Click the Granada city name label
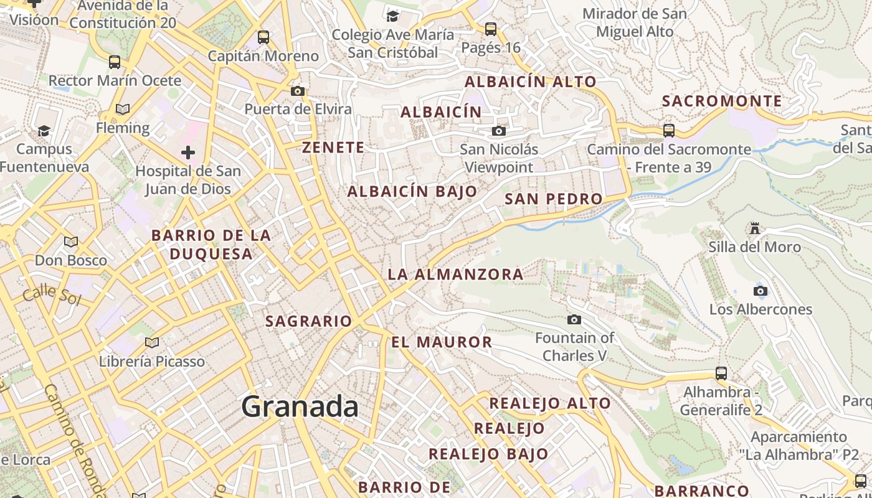pyautogui.click(x=300, y=407)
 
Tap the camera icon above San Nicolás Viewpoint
pyautogui.click(x=498, y=131)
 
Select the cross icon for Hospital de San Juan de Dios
pyautogui.click(x=187, y=153)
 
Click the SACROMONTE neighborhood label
pyautogui.click(x=722, y=101)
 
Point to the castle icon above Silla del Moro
pyautogui.click(x=755, y=228)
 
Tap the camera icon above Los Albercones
pyautogui.click(x=760, y=291)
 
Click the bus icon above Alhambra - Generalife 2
pyautogui.click(x=721, y=374)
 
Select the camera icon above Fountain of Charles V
pyautogui.click(x=574, y=320)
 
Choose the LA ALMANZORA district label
pyautogui.click(x=455, y=275)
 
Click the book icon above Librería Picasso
pyautogui.click(x=151, y=342)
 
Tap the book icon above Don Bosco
pyautogui.click(x=71, y=242)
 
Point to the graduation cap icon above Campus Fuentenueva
pyautogui.click(x=44, y=131)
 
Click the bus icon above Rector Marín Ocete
pyautogui.click(x=115, y=62)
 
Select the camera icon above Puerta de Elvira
pyautogui.click(x=298, y=92)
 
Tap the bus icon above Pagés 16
pyautogui.click(x=491, y=29)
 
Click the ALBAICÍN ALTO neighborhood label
pyautogui.click(x=531, y=82)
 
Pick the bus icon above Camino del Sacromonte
pyautogui.click(x=669, y=131)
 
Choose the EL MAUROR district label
pyautogui.click(x=442, y=342)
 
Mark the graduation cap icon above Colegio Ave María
pyautogui.click(x=392, y=16)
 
